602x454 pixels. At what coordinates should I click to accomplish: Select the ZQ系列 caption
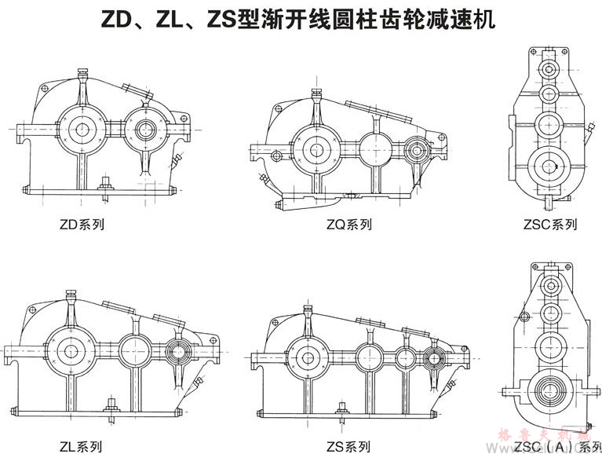(348, 225)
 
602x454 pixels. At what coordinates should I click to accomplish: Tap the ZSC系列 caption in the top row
(549, 225)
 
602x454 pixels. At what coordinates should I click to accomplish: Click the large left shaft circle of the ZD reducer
(82, 128)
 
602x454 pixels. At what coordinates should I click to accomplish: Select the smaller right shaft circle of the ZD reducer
(146, 128)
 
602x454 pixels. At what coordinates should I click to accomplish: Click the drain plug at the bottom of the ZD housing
(104, 185)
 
